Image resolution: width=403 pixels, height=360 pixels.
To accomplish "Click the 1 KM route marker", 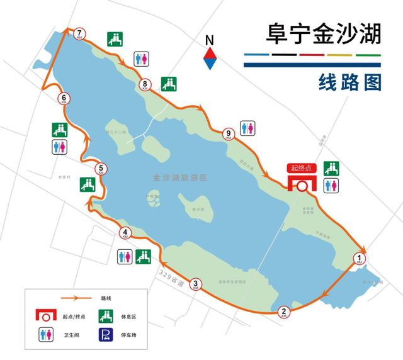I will pos(360,257).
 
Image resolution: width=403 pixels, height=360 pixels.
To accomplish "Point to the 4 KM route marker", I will pos(126,233).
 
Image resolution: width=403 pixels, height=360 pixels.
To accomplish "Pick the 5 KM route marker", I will pos(100,169).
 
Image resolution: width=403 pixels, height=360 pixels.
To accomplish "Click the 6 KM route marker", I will pos(64,99).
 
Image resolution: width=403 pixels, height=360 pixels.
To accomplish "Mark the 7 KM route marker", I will pos(79,34).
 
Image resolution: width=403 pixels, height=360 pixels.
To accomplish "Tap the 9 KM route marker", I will pos(227,133).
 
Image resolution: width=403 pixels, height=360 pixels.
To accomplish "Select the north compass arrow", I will pos(210,53).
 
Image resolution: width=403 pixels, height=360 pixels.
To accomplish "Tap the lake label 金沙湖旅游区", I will pos(179,178).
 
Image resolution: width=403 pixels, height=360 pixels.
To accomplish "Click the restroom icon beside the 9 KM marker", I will pos(247,128).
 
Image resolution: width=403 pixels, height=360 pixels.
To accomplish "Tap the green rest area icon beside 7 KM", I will pos(115,38).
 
